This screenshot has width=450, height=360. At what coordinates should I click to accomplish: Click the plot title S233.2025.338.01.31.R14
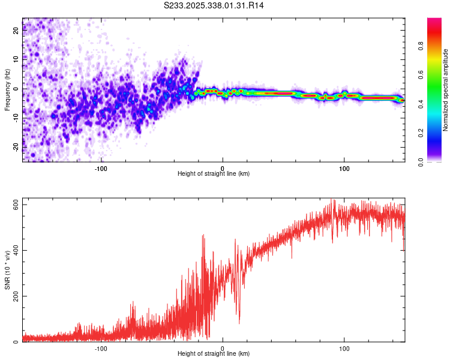tap(214, 5)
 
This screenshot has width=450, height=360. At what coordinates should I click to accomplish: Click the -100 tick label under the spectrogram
tap(100, 167)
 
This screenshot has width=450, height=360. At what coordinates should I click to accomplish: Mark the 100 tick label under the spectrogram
tap(344, 167)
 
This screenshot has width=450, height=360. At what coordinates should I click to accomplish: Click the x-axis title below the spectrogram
tap(214, 174)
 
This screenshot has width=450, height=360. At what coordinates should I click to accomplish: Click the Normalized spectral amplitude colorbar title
tap(446, 90)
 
